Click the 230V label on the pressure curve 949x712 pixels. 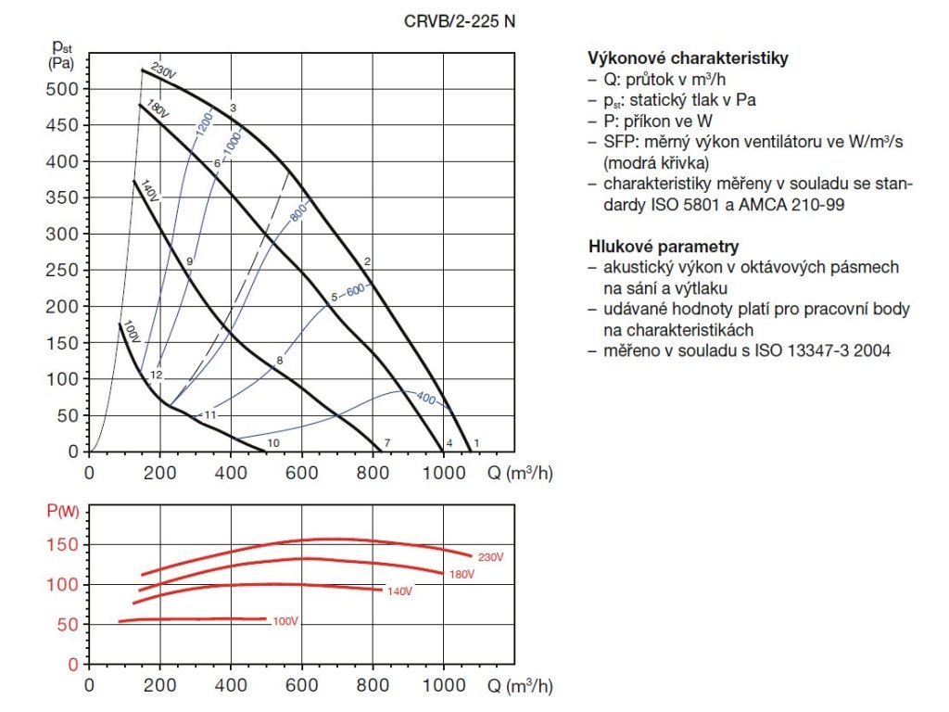coord(163,71)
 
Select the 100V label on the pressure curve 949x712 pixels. coord(131,333)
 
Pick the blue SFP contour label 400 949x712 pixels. coord(425,398)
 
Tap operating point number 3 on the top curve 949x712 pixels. coord(234,108)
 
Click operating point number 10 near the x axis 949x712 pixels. coord(273,443)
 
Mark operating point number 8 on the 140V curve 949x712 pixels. coord(279,360)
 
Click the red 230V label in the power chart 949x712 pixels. coord(490,557)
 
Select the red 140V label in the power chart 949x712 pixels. coord(399,591)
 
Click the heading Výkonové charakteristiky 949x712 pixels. coord(688,57)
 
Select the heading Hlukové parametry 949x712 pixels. coord(664,247)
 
